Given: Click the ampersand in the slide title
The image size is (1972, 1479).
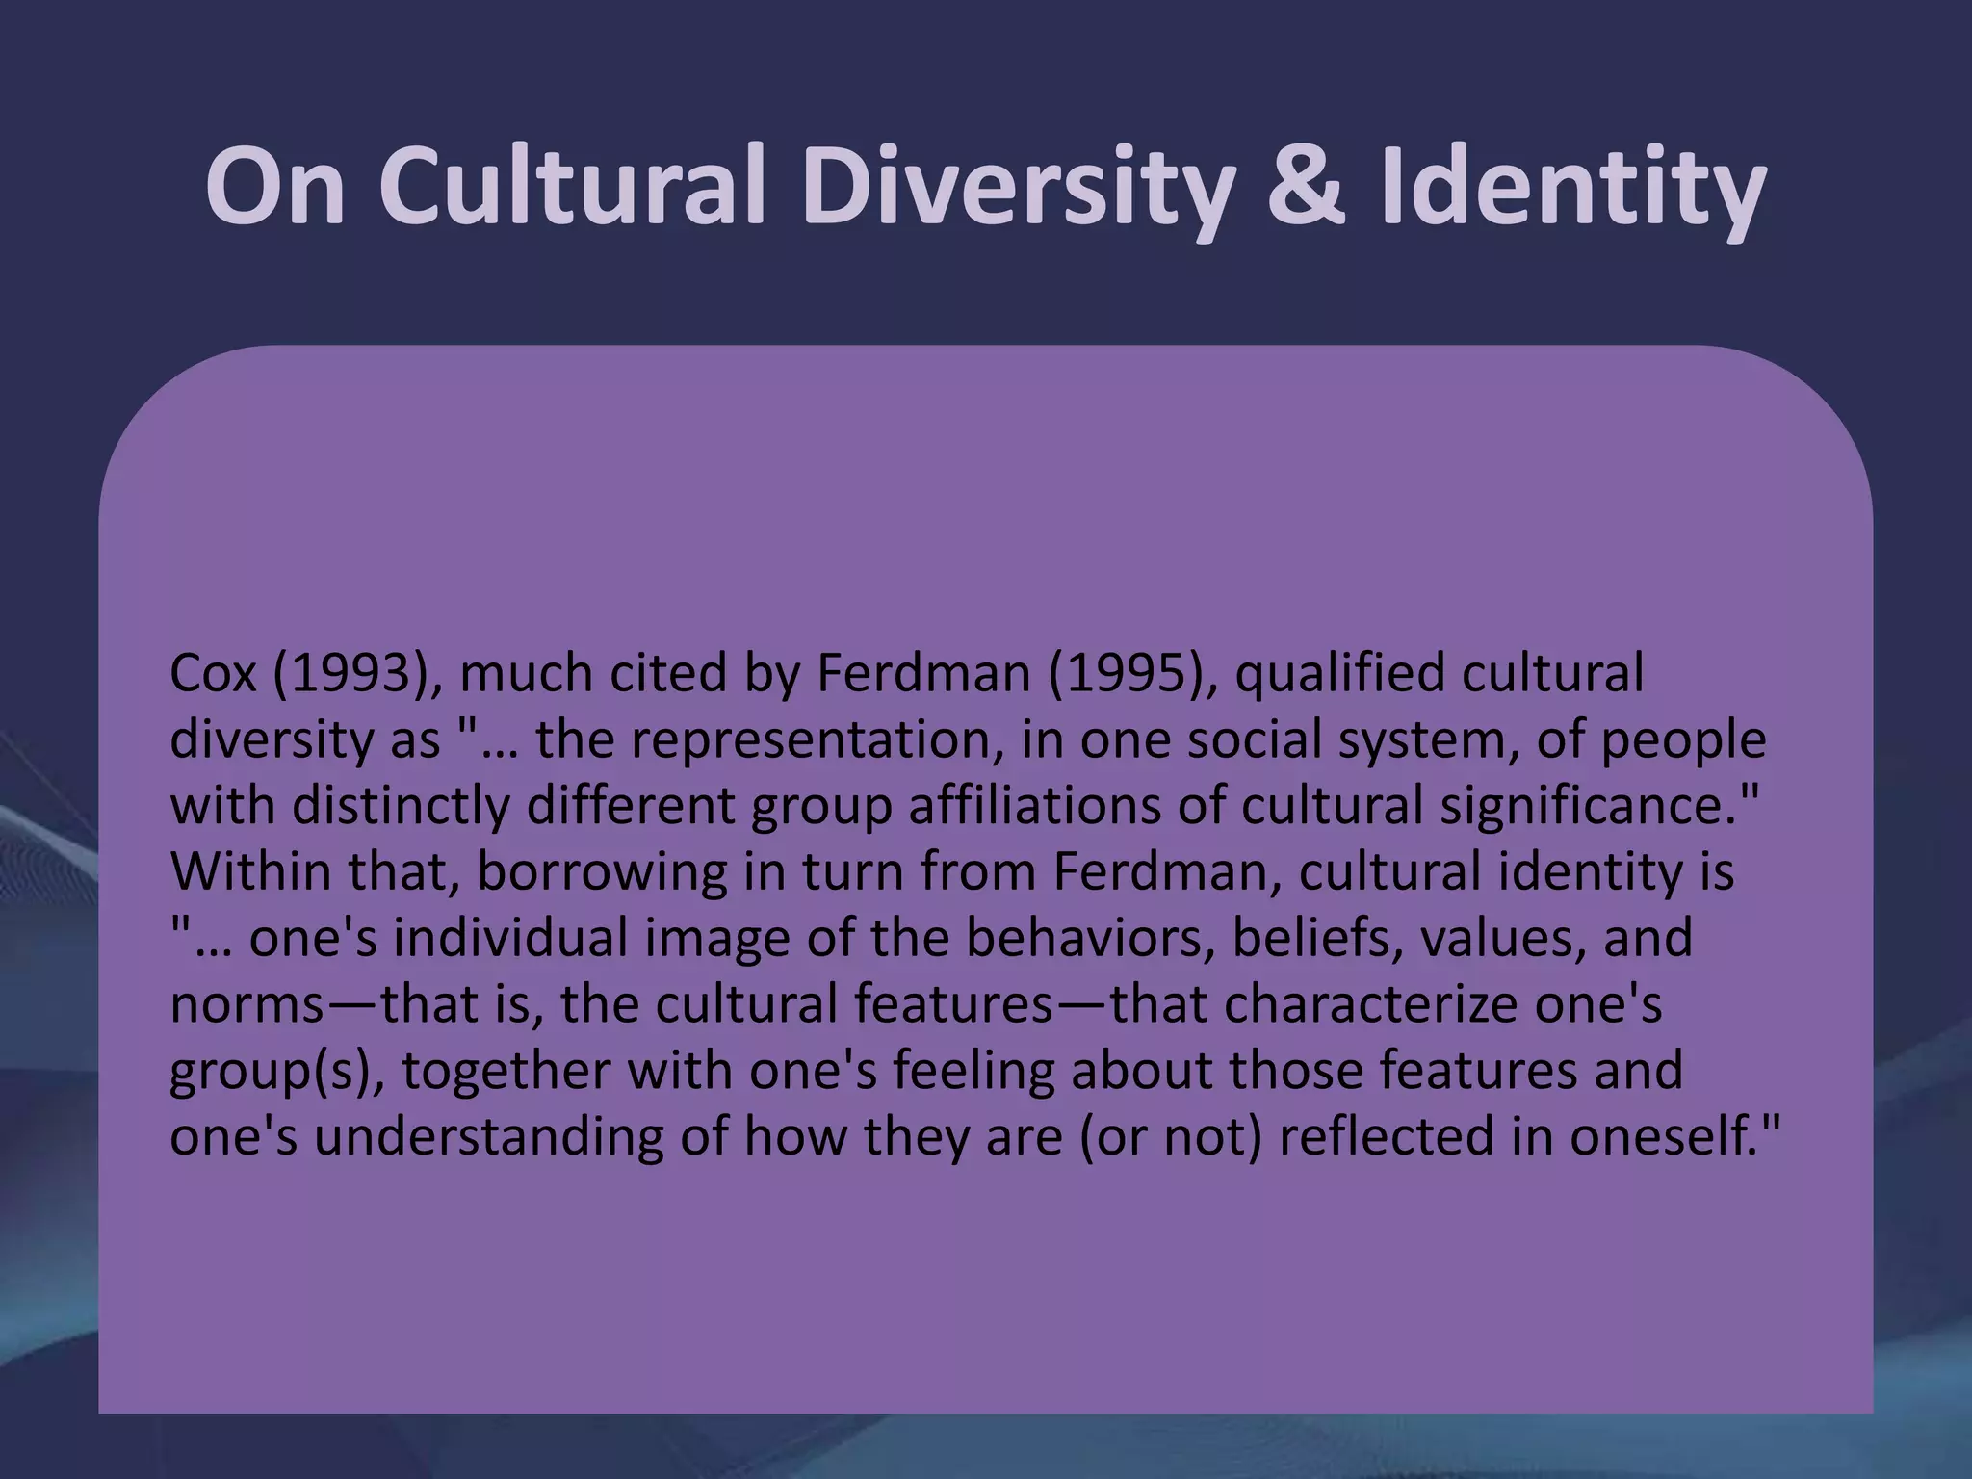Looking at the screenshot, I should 1304,186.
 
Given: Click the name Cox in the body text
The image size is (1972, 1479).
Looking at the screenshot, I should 213,673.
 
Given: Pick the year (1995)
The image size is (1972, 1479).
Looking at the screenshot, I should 1126,673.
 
